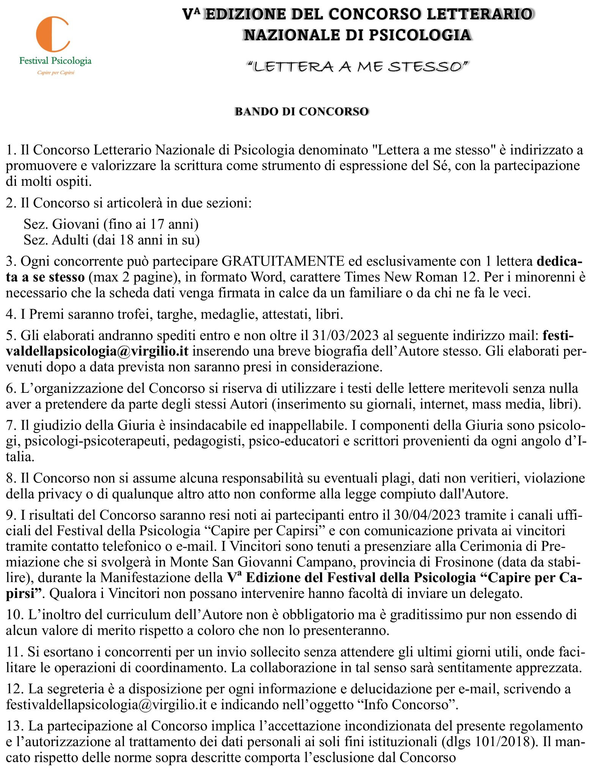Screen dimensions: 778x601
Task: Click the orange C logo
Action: tap(53, 35)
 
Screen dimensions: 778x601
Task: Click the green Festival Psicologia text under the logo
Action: tap(55, 60)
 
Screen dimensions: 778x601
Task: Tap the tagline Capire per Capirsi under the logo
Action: tap(55, 72)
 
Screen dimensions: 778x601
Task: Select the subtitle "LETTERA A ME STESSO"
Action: tap(357, 67)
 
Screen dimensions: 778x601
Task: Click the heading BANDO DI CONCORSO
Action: tap(302, 112)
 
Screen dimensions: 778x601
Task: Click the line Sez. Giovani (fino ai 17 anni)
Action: tap(111, 224)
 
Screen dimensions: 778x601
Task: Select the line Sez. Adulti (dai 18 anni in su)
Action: tap(112, 240)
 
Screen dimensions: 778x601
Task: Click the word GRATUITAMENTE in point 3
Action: tap(283, 261)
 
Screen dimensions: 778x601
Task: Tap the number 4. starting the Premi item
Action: tap(11, 315)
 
